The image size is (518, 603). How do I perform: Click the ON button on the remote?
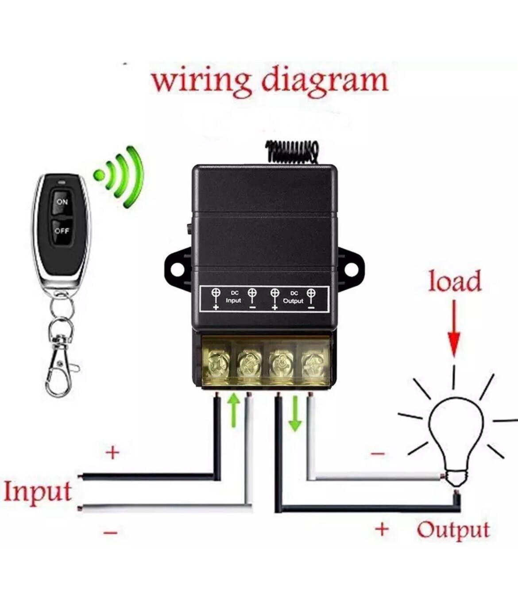tap(62, 202)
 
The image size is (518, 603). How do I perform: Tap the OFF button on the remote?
tap(62, 230)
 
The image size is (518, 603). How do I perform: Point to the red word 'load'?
tap(454, 282)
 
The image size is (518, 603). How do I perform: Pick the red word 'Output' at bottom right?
tap(453, 529)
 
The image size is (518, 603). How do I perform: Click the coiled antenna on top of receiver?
tap(293, 150)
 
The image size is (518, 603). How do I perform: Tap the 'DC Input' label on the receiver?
tap(233, 298)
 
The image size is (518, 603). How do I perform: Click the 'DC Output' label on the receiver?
tap(293, 298)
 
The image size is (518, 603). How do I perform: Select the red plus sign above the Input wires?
tap(113, 453)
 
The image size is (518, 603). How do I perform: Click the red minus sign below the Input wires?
tap(110, 533)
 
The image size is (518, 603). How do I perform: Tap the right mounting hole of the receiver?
tap(352, 268)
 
